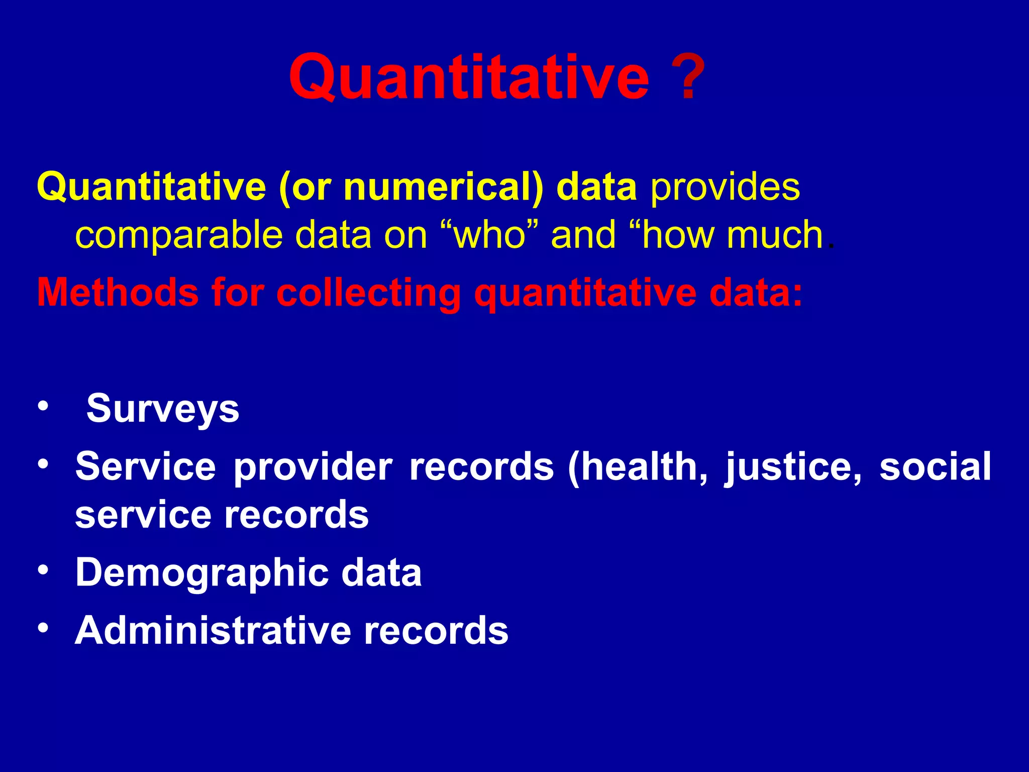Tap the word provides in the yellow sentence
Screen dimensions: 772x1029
pos(725,187)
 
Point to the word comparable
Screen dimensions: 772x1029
pos(179,235)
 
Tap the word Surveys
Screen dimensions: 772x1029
pos(163,408)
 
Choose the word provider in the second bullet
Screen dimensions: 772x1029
pos(313,466)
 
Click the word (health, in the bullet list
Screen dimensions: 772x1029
pos(638,466)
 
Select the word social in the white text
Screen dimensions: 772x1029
pos(935,466)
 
